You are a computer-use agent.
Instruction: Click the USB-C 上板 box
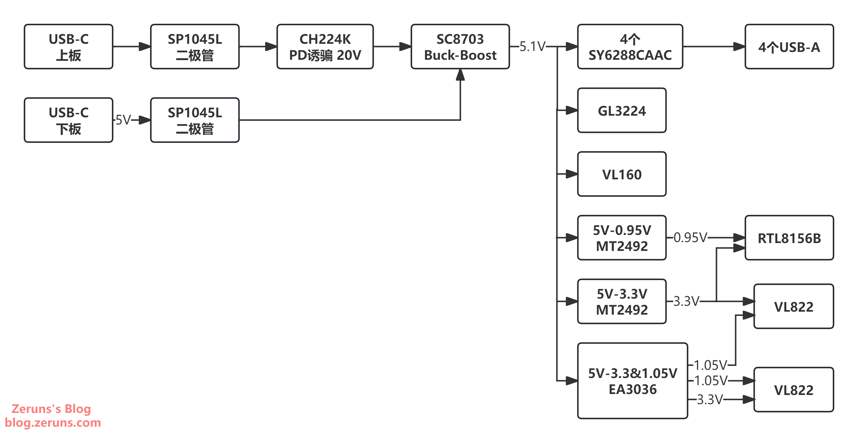(69, 47)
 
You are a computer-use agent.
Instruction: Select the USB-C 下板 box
(69, 120)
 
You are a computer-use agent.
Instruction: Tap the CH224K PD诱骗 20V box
(325, 47)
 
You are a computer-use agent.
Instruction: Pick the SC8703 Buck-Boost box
(460, 47)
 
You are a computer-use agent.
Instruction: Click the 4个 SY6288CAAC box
(630, 47)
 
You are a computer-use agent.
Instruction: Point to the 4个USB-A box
(789, 47)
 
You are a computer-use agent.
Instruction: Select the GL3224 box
(622, 110)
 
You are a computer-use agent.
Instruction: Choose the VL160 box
(622, 174)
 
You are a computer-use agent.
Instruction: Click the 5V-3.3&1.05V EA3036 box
(632, 381)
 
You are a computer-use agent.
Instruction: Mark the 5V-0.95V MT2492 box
(622, 238)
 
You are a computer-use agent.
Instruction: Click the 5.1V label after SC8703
(532, 46)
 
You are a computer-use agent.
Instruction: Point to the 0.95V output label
(690, 237)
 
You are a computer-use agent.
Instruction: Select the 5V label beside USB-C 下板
(123, 120)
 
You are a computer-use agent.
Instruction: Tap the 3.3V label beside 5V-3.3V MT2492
(686, 301)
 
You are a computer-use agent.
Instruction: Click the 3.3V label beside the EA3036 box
(710, 399)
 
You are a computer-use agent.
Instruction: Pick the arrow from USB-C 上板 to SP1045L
(132, 47)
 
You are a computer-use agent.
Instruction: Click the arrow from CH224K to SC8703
(392, 47)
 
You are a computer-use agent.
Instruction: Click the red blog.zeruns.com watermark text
(53, 423)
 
